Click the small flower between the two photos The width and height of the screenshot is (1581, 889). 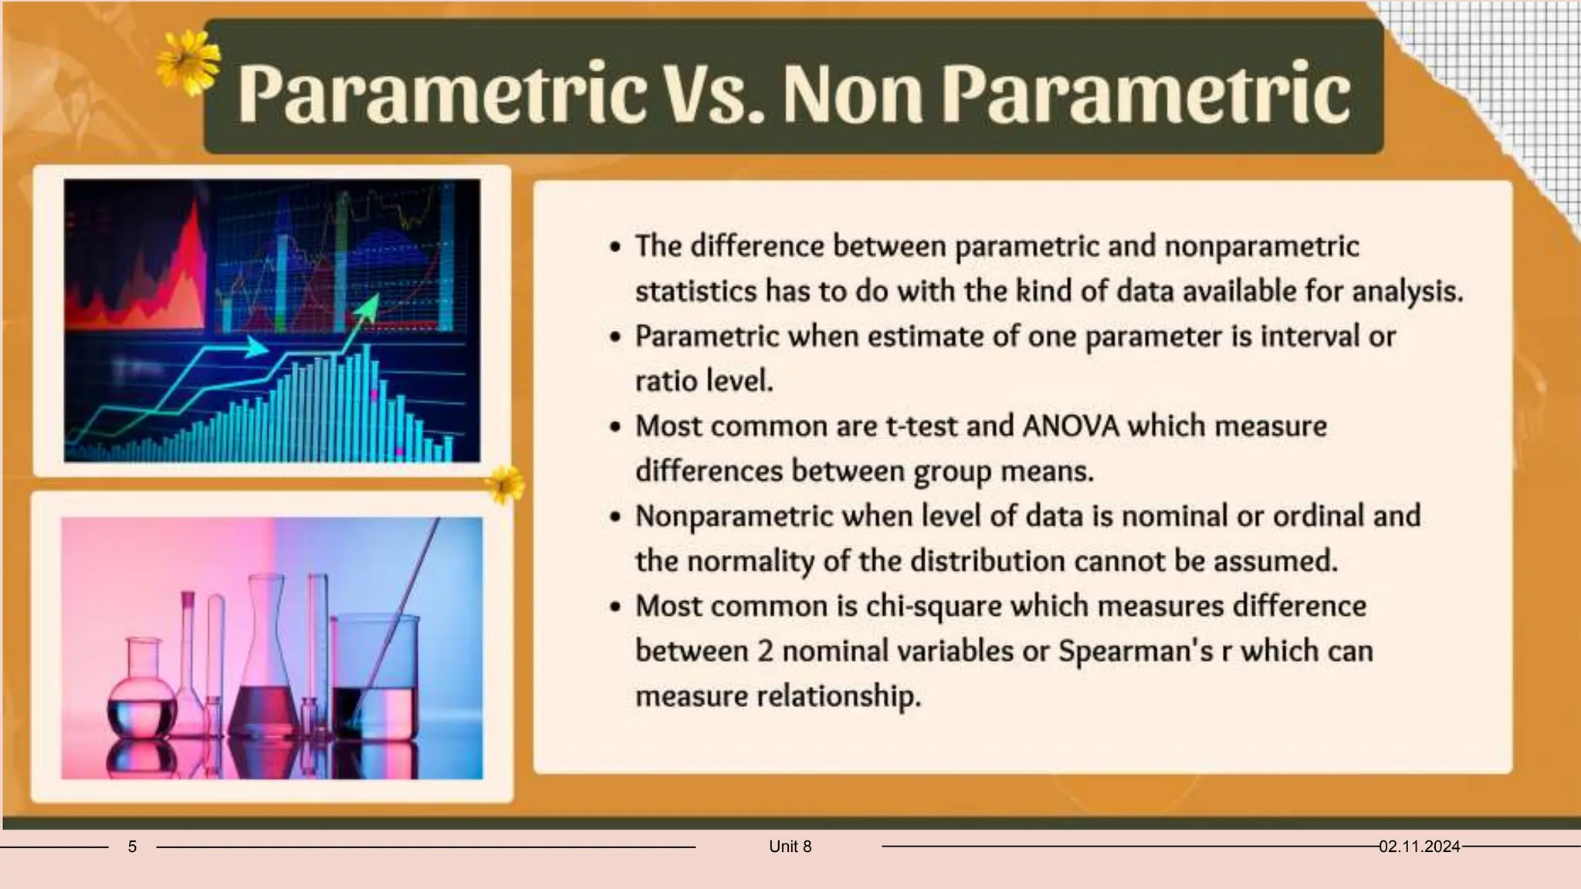[x=504, y=485]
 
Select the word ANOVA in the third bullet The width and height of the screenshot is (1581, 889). [x=1070, y=426]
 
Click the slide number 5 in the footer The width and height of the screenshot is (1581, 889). [x=132, y=847]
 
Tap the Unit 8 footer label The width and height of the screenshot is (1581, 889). [x=790, y=847]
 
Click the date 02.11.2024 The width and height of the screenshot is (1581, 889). [x=1419, y=847]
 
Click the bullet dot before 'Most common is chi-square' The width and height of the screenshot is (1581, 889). [x=614, y=607]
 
